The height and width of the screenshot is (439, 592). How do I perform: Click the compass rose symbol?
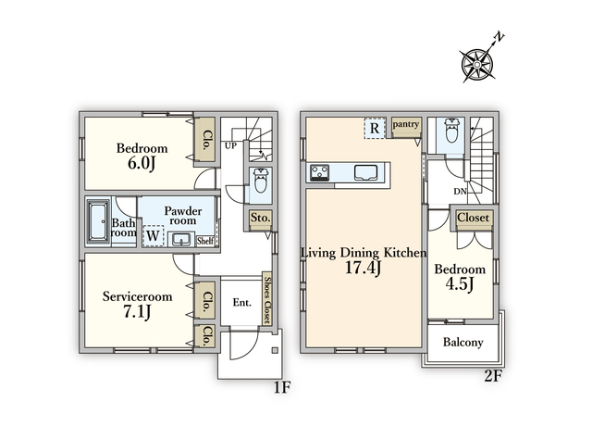point(477,64)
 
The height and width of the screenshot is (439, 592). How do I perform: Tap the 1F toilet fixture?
point(260,182)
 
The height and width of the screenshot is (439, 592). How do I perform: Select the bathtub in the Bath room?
point(98,222)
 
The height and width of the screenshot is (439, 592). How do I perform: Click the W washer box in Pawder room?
point(154,236)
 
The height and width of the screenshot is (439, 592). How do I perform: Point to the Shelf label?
point(205,241)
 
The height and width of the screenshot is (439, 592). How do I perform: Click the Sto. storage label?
point(261,218)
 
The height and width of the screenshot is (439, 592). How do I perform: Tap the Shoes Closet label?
point(267,300)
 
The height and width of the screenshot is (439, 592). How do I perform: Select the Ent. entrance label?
point(242,303)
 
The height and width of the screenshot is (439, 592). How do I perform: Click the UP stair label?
point(230,145)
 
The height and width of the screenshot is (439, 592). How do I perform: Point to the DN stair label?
point(461,192)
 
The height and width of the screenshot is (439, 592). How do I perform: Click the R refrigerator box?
point(375,128)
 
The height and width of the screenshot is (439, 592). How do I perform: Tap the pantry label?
point(406,124)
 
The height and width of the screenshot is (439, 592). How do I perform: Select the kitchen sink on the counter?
point(365,172)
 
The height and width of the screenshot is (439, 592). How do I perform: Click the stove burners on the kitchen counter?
point(319,172)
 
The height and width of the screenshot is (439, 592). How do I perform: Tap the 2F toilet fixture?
point(451,131)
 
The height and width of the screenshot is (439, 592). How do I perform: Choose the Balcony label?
point(462,343)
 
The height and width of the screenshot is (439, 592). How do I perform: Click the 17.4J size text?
point(363,268)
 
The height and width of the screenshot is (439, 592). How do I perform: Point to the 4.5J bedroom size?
point(460,284)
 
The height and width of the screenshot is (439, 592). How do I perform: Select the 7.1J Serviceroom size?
point(137,312)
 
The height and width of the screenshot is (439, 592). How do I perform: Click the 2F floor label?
point(493,376)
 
